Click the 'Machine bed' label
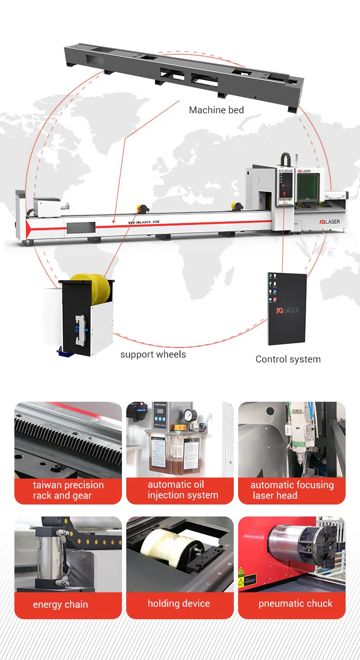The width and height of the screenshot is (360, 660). tap(216, 110)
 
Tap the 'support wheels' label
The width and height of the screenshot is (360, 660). tap(153, 355)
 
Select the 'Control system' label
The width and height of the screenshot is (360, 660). tap(288, 359)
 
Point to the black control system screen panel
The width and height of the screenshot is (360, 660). tap(287, 309)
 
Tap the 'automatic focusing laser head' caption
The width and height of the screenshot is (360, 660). tap(292, 490)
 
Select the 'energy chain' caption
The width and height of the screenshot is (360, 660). tap(60, 604)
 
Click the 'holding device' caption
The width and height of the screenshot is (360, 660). tap(179, 603)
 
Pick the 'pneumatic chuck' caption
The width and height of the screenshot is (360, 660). tap(295, 603)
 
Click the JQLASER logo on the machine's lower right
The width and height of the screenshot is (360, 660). tap(329, 221)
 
